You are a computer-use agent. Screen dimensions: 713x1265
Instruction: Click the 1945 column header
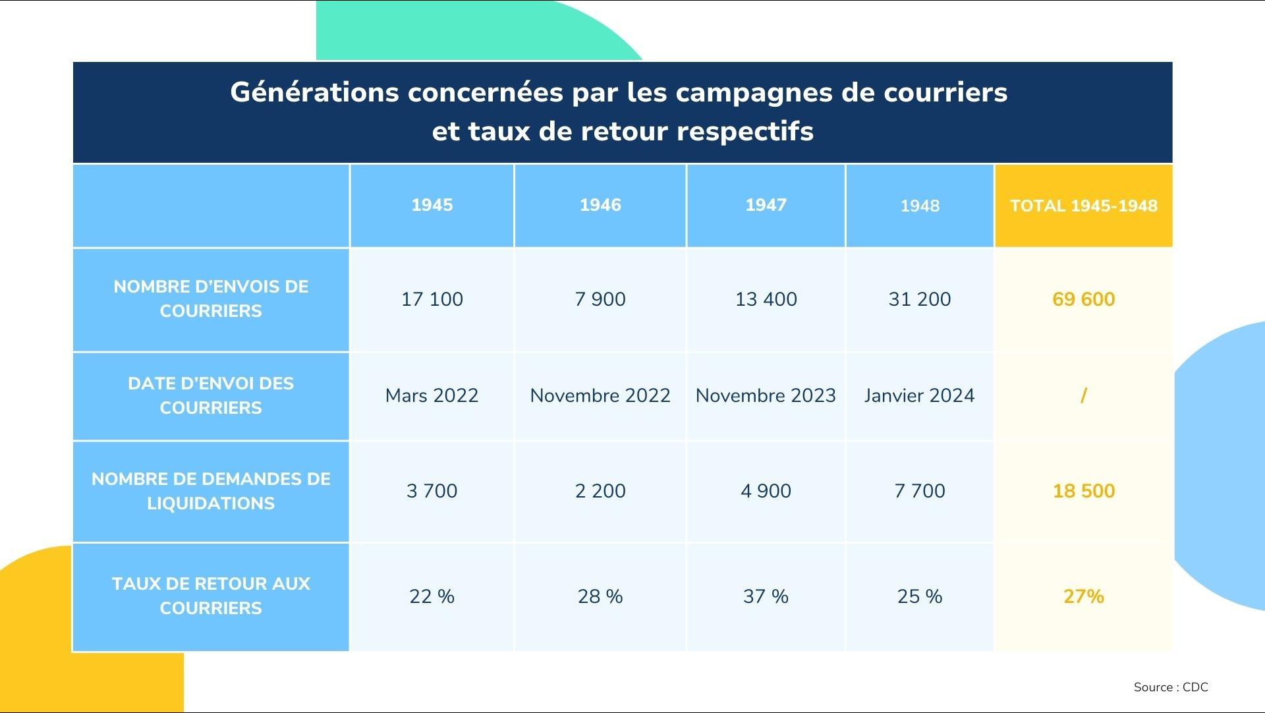pos(432,205)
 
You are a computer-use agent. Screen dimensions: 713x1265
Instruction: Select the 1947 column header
pos(766,205)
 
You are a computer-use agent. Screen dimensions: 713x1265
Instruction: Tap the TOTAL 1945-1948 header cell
pos(1083,206)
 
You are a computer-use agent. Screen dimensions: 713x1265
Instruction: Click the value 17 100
pos(432,299)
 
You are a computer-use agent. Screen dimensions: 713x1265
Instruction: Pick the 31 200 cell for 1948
pos(919,299)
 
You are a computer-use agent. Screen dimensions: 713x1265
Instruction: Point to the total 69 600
pos(1083,299)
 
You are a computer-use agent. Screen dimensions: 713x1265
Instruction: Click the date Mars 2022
pos(432,395)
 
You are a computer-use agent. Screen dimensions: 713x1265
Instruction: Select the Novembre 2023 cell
pos(766,395)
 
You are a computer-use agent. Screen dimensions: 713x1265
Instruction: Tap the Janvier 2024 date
pos(919,395)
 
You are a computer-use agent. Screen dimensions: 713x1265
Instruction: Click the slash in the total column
pos(1083,395)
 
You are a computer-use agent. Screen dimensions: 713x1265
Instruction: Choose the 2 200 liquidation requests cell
pos(600,491)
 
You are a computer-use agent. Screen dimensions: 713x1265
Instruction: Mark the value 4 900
pos(766,491)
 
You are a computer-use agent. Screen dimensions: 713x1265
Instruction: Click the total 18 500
pos(1083,491)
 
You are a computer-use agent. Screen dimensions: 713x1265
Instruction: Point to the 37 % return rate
pos(766,596)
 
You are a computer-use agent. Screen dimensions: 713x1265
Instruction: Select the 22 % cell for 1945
pos(432,596)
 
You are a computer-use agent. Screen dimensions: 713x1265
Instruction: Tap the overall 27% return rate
pos(1083,596)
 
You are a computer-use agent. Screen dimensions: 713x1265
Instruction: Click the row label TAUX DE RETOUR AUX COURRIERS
pos(211,596)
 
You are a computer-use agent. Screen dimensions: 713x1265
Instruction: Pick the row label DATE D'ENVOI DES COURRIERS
pos(211,395)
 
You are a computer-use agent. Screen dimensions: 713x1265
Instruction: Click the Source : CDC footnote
pos(1171,687)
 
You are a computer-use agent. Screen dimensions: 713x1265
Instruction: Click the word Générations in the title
pos(314,92)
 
